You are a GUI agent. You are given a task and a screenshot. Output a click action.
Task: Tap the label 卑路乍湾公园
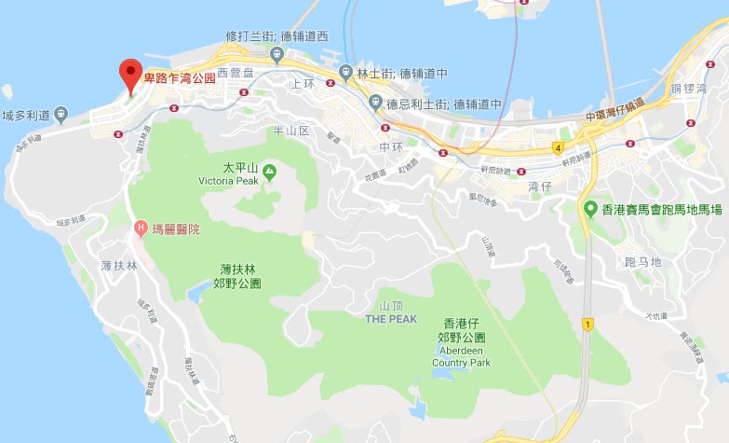tap(179, 78)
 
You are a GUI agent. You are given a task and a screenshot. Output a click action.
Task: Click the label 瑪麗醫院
tap(176, 228)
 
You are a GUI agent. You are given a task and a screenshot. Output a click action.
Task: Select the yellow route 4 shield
tap(557, 147)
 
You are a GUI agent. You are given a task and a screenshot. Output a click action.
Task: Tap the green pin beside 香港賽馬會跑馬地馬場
tap(590, 209)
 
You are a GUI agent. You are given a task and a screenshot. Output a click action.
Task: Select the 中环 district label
tap(391, 147)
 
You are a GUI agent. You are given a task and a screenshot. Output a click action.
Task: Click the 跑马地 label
tap(642, 262)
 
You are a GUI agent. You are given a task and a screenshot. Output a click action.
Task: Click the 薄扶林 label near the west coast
tap(119, 266)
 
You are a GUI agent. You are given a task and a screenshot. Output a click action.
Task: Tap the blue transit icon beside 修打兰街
tap(277, 55)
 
